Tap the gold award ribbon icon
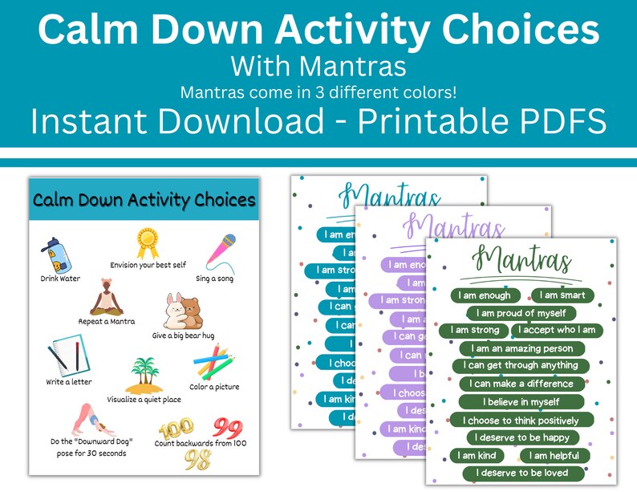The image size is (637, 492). click(147, 243)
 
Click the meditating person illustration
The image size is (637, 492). click(107, 299)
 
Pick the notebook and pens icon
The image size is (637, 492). click(65, 355)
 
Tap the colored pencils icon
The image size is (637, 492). click(213, 362)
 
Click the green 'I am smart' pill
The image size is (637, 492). click(562, 295)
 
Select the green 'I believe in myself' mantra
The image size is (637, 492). click(521, 401)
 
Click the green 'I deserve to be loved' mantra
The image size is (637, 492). click(521, 473)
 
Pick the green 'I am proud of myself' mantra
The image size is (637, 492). click(521, 313)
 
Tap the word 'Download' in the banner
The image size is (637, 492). click(249, 121)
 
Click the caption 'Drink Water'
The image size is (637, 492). click(60, 279)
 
